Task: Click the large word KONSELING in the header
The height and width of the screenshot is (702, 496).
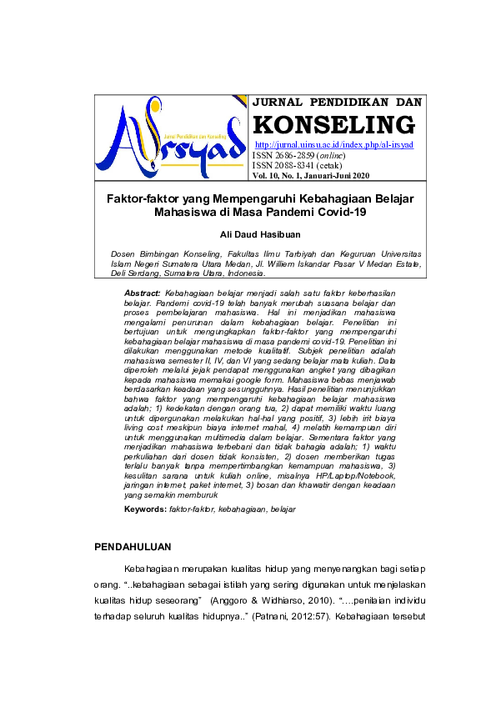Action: point(333,125)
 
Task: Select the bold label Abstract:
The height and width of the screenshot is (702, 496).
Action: point(142,294)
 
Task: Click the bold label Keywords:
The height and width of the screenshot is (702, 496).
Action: point(145,508)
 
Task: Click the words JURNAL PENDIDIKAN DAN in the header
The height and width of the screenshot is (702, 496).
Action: point(337,102)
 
